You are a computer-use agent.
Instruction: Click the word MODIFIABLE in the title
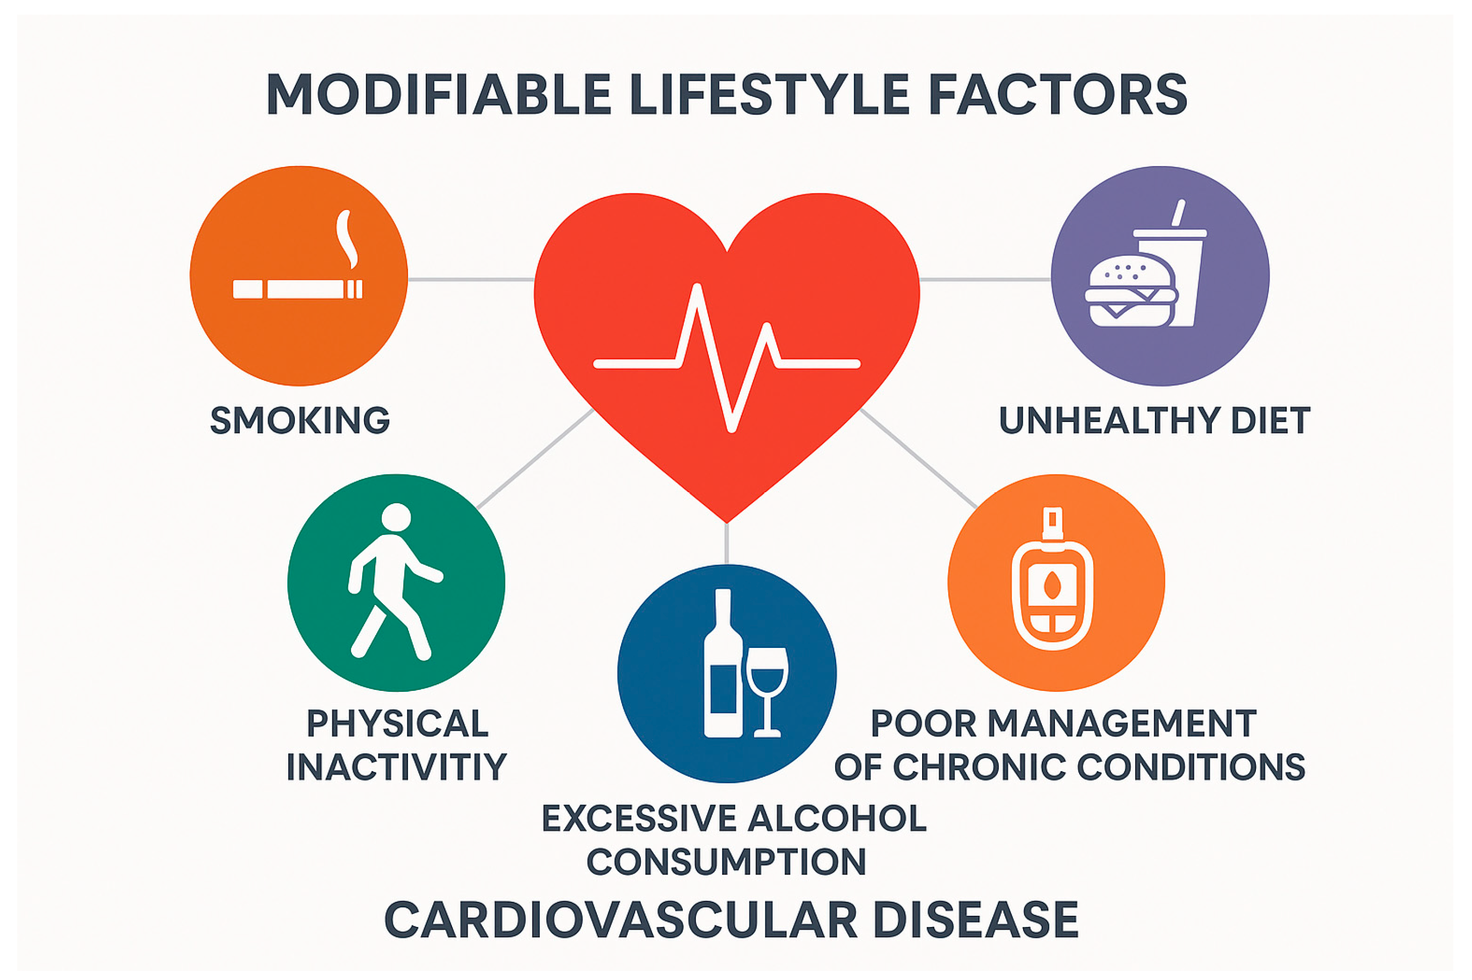click(x=438, y=94)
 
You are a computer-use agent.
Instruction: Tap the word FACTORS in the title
click(x=1057, y=94)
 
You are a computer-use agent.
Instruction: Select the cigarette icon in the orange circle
click(x=297, y=289)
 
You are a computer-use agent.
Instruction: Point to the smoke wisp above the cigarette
click(x=346, y=239)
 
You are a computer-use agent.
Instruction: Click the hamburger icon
click(x=1131, y=290)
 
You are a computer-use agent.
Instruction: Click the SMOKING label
click(x=299, y=420)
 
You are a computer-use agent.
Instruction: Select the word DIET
click(x=1270, y=420)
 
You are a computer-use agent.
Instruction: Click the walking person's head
click(x=396, y=517)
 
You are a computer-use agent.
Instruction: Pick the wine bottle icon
click(x=723, y=663)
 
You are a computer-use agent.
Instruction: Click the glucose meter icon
click(x=1052, y=578)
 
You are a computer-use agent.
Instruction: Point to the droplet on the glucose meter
click(x=1052, y=585)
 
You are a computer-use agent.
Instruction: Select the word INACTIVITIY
click(x=396, y=767)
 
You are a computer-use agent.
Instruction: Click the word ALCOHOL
click(x=837, y=818)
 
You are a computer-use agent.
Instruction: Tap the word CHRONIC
click(x=979, y=767)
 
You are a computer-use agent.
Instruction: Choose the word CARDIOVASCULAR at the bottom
click(x=620, y=920)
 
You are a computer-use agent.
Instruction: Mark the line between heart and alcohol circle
click(x=726, y=543)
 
